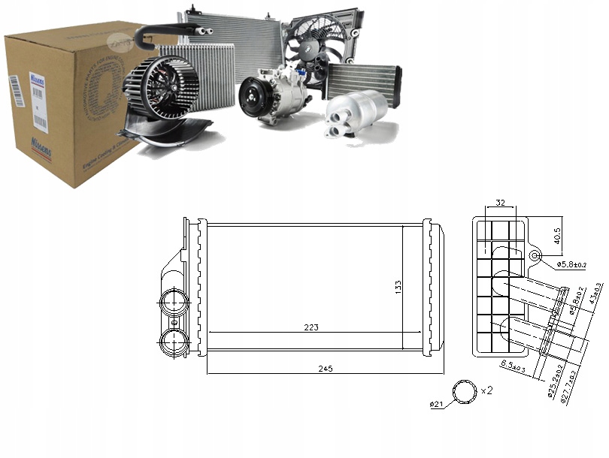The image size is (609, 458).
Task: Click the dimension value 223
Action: click(x=311, y=327)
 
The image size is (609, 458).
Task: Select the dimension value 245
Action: click(x=325, y=369)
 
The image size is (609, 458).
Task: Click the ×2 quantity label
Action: click(x=486, y=391)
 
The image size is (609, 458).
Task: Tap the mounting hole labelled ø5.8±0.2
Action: click(x=535, y=255)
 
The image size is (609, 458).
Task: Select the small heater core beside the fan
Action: click(x=363, y=80)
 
